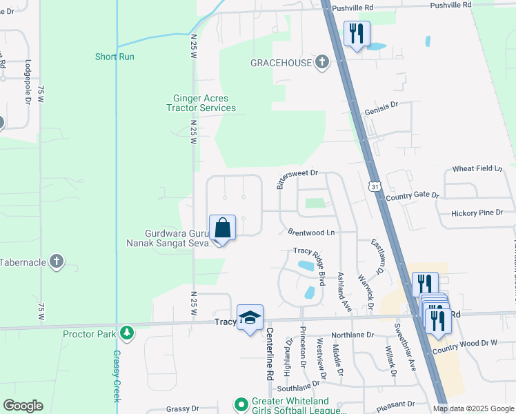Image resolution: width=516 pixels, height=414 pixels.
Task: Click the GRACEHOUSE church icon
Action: (x=321, y=63)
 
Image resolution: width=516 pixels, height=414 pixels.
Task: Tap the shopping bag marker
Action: (x=222, y=227)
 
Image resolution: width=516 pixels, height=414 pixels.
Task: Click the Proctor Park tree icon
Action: (x=126, y=334)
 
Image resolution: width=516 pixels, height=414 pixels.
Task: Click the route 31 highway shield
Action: (x=374, y=186)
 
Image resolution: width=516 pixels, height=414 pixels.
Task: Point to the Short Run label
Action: (x=115, y=57)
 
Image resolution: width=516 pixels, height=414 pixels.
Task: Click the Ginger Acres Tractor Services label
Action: (x=201, y=103)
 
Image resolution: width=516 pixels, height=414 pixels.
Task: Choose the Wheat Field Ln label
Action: (x=482, y=168)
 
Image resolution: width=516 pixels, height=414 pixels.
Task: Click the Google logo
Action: (x=23, y=406)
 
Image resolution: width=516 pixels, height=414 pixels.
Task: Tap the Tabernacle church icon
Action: (x=57, y=262)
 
